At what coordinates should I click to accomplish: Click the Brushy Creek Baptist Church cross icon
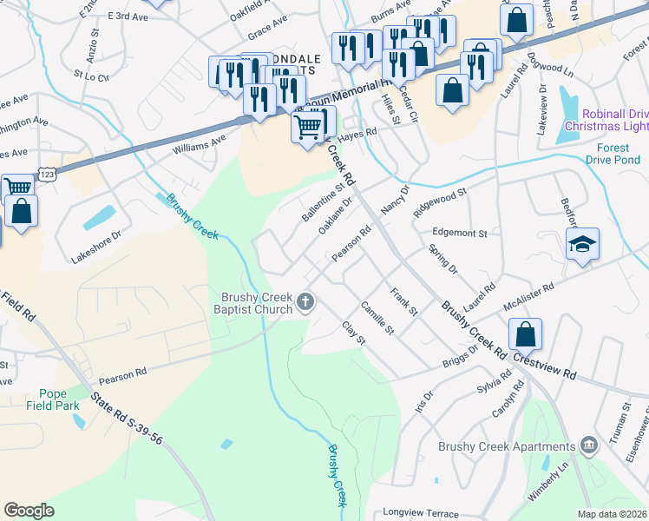click(x=305, y=302)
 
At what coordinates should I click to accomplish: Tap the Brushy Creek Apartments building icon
click(x=590, y=445)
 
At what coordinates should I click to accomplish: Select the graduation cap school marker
click(x=582, y=245)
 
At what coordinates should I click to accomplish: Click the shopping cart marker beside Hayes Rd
click(x=308, y=129)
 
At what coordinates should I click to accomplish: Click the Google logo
click(x=29, y=511)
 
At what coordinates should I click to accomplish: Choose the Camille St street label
click(x=378, y=319)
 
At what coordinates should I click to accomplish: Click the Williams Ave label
click(x=199, y=143)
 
